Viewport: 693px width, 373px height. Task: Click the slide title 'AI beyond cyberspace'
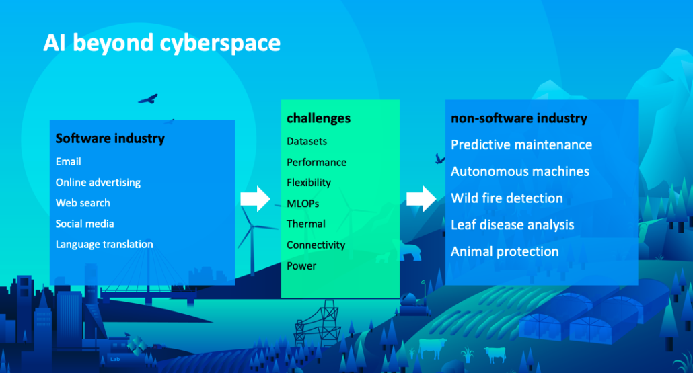point(161,44)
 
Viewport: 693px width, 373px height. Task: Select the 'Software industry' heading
point(110,138)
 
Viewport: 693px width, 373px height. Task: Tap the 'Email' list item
point(69,161)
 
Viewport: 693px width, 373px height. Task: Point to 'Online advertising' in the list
point(98,183)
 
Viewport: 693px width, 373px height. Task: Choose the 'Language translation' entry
point(104,245)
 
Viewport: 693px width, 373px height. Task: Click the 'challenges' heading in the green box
point(319,118)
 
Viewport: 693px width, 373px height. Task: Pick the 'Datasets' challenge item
point(307,142)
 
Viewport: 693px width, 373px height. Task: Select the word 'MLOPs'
point(303,204)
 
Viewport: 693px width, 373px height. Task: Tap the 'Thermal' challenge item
point(306,224)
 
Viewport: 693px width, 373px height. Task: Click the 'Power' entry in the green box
point(301,265)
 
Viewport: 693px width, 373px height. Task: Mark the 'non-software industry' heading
point(519,118)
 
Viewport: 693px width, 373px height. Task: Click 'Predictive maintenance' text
point(521,144)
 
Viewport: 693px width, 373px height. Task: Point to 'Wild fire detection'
point(507,198)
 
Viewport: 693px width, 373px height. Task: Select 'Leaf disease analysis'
point(512,225)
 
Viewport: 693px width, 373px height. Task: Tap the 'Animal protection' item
point(505,251)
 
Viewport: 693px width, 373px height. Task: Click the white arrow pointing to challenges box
point(256,199)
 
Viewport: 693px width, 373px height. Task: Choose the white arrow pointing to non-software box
point(421,199)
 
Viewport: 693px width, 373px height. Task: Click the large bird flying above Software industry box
point(149,99)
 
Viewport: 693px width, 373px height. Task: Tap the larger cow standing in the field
point(432,347)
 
